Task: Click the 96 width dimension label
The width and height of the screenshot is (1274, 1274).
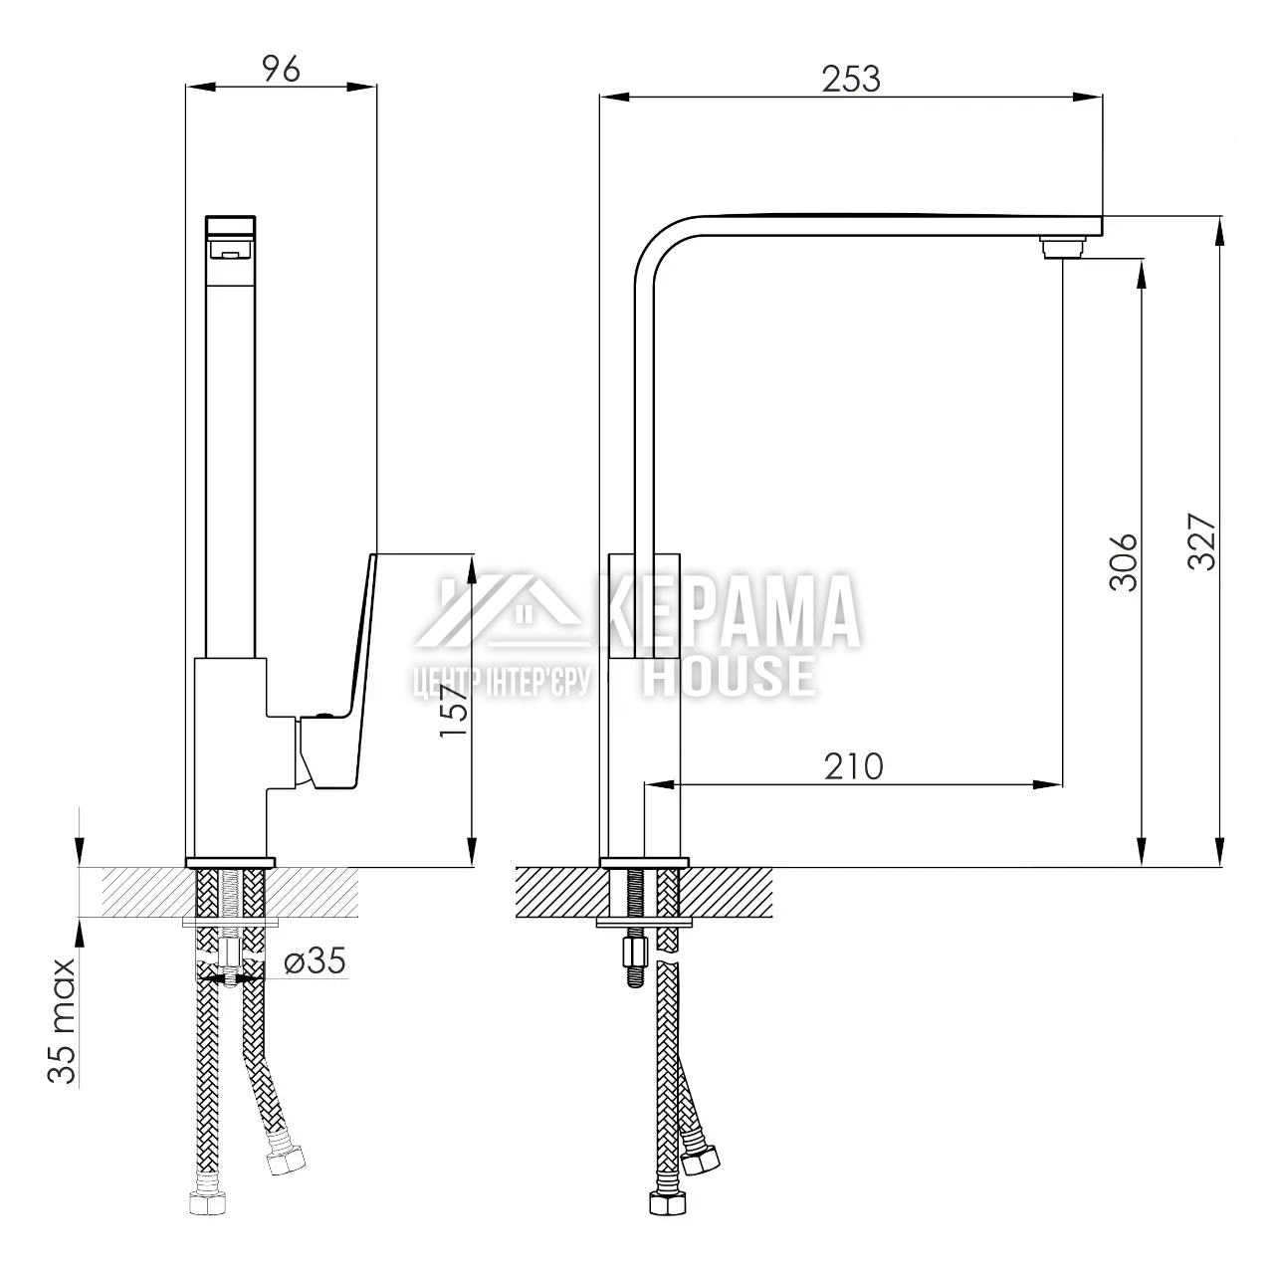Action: click(281, 69)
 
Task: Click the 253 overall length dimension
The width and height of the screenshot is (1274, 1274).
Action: click(851, 80)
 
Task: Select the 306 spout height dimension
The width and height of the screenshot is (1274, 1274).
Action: click(1124, 562)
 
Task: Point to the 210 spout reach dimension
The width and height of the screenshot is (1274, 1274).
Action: click(854, 767)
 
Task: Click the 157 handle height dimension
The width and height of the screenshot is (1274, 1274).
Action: click(454, 711)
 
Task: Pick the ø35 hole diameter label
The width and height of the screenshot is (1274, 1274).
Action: click(315, 960)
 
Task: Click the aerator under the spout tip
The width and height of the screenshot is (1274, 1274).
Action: click(1062, 247)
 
